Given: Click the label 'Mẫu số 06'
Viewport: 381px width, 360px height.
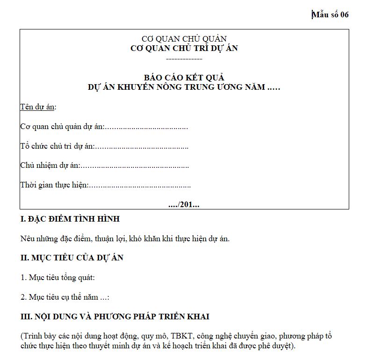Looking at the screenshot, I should pyautogui.click(x=331, y=14).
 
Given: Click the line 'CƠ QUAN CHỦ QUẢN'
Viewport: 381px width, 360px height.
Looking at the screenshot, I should pyautogui.click(x=184, y=39).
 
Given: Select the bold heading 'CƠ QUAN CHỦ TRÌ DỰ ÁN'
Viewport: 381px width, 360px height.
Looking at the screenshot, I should pyautogui.click(x=184, y=48).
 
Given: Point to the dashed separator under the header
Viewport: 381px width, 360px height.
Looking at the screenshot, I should pyautogui.click(x=184, y=59).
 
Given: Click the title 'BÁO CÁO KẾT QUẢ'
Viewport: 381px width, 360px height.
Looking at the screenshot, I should pyautogui.click(x=184, y=78).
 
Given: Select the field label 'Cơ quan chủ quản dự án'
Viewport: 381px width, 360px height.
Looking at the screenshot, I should pyautogui.click(x=62, y=127).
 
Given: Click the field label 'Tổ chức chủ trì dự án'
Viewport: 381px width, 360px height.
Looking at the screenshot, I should pyautogui.click(x=57, y=146).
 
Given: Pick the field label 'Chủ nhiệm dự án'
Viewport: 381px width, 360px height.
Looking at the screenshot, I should pyautogui.click(x=50, y=166).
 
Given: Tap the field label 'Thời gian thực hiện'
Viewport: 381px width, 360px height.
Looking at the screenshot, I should pyautogui.click(x=54, y=185).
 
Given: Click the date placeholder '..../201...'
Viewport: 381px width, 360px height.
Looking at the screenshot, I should pyautogui.click(x=184, y=205).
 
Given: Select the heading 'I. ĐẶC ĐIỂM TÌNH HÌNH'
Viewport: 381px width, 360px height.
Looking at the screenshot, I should pyautogui.click(x=70, y=219).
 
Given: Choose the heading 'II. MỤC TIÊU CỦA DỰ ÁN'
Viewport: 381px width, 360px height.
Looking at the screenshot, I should pyautogui.click(x=72, y=258).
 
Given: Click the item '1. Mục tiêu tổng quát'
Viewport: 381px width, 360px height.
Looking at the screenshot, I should pyautogui.click(x=58, y=277).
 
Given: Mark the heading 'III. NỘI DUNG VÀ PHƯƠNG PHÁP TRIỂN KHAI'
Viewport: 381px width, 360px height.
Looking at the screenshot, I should pyautogui.click(x=115, y=317).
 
